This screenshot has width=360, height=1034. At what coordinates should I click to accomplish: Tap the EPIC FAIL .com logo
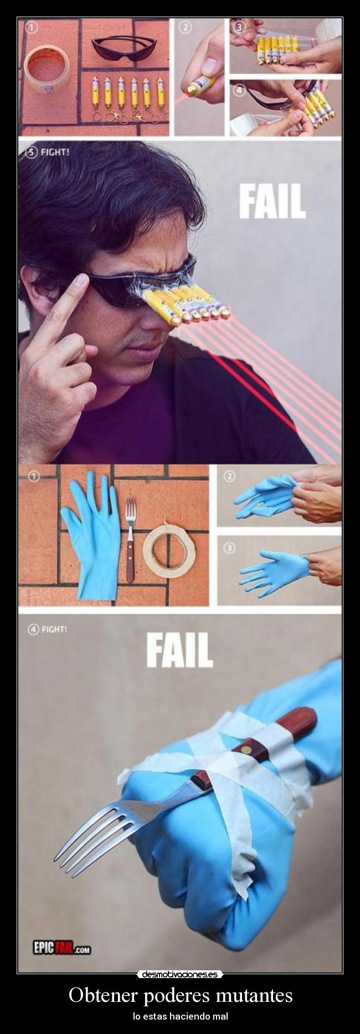click(x=61, y=948)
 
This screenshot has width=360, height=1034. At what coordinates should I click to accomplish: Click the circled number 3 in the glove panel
click(x=229, y=548)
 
